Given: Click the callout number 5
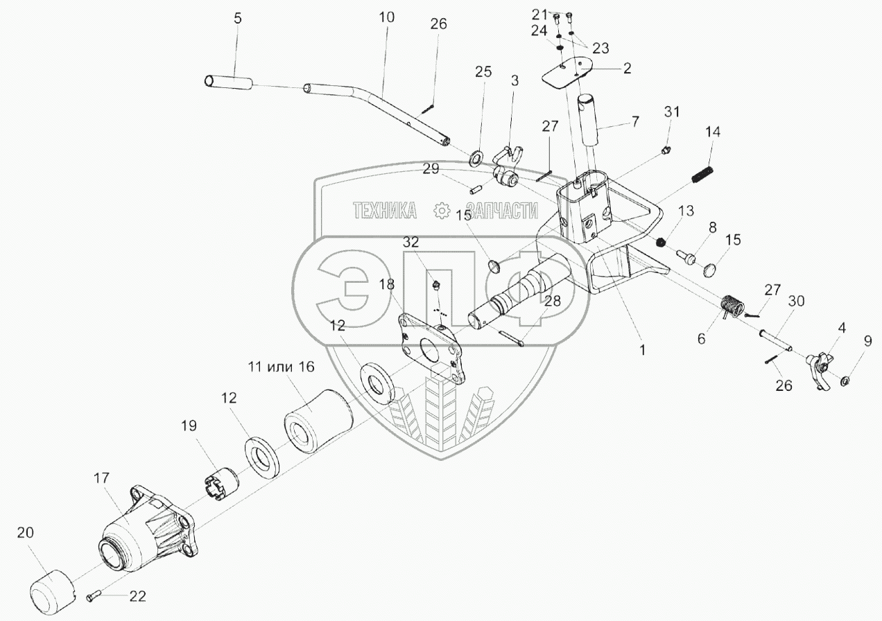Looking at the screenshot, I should click(238, 19).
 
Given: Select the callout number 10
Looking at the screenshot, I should click(386, 17).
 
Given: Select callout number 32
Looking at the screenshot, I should click(410, 242).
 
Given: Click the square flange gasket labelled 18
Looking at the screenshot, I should click(429, 349).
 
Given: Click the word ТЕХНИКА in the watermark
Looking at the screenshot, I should click(385, 210).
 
